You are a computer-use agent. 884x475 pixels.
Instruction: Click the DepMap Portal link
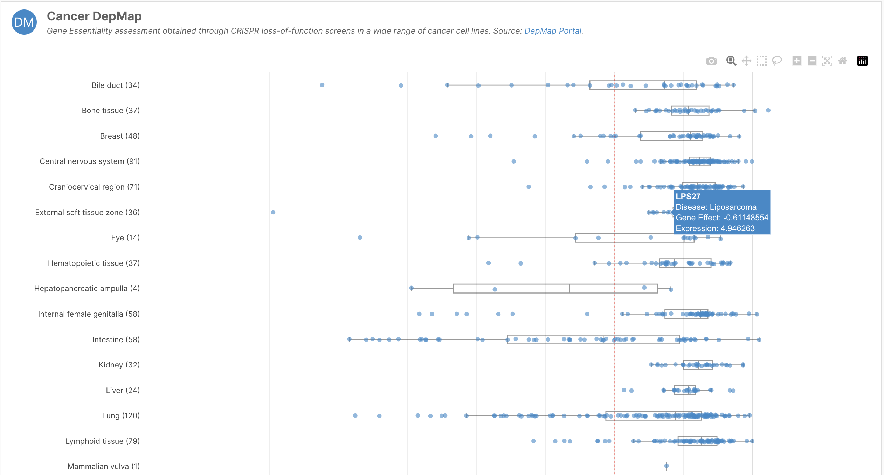coord(553,31)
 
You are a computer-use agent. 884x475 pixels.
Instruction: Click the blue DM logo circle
coord(24,22)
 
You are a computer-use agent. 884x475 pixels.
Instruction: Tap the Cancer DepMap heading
coord(94,16)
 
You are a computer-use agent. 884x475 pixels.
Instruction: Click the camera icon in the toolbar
coord(711,61)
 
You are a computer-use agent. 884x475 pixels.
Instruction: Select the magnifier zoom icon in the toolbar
coord(731,61)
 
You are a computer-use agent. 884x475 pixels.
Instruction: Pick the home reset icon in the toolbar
coord(843,61)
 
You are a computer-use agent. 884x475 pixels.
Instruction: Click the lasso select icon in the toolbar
coord(777,61)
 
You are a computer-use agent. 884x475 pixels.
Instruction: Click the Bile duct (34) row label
coord(116,85)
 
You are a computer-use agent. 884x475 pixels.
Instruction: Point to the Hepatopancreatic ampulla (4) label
coord(87,288)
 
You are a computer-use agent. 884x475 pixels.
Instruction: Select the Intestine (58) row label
coord(116,339)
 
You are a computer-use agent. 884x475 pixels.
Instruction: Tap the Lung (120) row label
coord(121,415)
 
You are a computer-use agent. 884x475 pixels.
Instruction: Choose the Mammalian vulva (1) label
coord(104,466)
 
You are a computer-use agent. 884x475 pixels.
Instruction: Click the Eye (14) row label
coord(125,238)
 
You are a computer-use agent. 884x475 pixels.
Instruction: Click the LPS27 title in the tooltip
coord(688,197)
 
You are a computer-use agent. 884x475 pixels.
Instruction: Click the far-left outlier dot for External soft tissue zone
coord(273,212)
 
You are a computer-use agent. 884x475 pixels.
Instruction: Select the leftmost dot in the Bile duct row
coord(322,85)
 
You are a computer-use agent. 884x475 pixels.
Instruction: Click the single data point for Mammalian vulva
coord(667,466)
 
